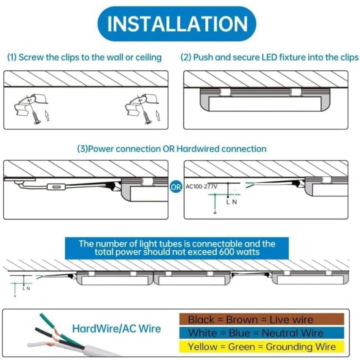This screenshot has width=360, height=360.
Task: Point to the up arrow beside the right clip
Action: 157,116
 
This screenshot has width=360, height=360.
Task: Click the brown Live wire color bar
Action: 262,320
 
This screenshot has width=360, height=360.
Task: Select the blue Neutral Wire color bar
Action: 262,333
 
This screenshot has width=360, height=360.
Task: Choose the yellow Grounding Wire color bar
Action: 262,346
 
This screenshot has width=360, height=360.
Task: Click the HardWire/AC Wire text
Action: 116,329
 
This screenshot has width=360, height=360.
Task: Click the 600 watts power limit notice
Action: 177,248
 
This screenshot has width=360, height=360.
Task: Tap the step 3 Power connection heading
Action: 171,149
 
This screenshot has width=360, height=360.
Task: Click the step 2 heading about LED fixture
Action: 269,57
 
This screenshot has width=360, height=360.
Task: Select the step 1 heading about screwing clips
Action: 84,57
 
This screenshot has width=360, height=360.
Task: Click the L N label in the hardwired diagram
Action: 231,202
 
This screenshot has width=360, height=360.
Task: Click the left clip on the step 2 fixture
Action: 224,92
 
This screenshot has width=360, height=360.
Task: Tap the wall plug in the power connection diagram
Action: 20,184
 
